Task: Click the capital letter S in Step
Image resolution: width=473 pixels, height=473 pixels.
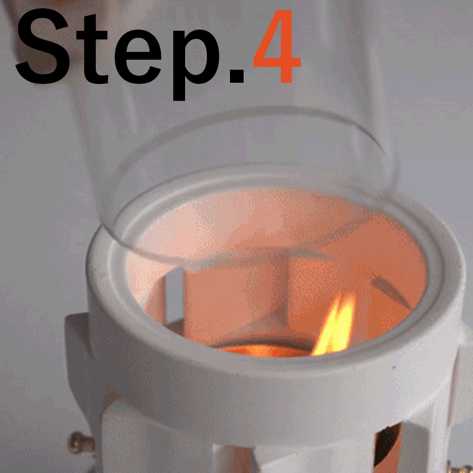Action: pyautogui.click(x=43, y=46)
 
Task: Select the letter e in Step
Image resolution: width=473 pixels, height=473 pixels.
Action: pyautogui.click(x=138, y=56)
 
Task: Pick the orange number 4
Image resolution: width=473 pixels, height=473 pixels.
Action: pyautogui.click(x=277, y=46)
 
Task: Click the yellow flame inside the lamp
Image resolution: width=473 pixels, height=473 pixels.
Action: pyautogui.click(x=335, y=324)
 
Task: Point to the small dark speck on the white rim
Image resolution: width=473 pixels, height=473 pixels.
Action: pyautogui.click(x=394, y=367)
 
